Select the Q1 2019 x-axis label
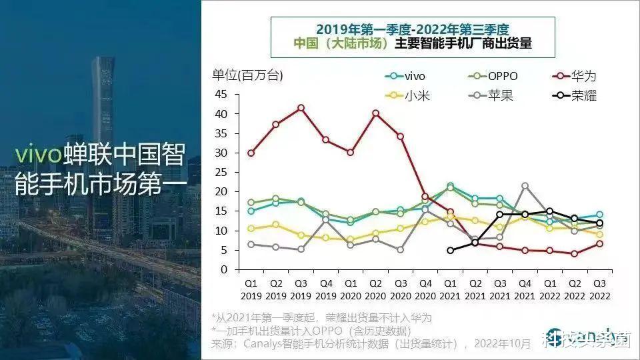click(x=251, y=288)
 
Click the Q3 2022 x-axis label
click(x=599, y=288)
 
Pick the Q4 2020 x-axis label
click(x=425, y=288)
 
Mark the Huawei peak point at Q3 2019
click(x=301, y=107)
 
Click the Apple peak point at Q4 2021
click(x=525, y=186)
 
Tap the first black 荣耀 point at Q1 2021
click(x=450, y=250)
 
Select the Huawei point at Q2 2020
click(x=375, y=113)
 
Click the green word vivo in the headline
click(x=38, y=154)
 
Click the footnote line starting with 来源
click(x=370, y=343)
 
